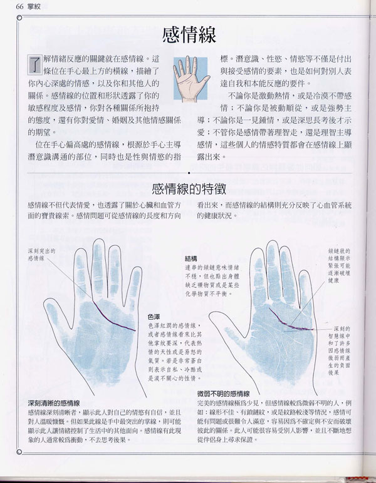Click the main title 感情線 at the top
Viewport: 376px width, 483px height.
188,34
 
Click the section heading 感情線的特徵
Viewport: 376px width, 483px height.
188,188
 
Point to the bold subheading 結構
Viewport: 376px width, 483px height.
192,258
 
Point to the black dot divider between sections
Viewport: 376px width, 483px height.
188,171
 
